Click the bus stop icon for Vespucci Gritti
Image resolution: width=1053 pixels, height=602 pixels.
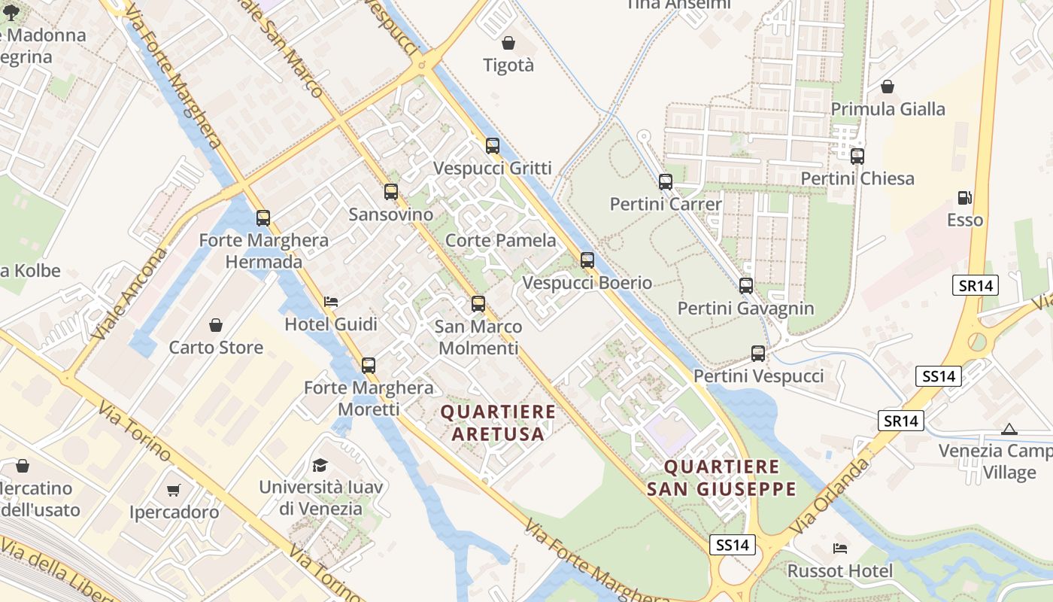coord(493,146)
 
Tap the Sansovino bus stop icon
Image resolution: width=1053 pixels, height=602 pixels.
coord(391,192)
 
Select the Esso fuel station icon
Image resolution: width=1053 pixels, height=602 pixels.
coord(964,199)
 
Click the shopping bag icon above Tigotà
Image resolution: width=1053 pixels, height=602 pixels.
coord(508,43)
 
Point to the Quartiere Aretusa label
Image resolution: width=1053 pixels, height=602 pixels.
coord(498,423)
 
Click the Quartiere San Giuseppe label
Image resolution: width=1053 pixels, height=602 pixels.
coord(721,478)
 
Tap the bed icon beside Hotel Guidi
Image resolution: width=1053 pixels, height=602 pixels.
coord(330,302)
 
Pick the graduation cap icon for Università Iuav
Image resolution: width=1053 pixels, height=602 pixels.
coord(320,464)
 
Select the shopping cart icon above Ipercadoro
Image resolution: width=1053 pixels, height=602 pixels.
coord(174,491)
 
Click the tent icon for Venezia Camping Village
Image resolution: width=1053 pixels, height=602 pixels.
coord(1009,429)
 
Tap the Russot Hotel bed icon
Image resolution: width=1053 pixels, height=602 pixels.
coord(839,548)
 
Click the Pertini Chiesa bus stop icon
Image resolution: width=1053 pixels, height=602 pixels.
coord(857,157)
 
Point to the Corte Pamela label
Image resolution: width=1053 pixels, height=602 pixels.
coord(501,241)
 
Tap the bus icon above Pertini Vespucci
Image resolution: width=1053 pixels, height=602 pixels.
coord(758,354)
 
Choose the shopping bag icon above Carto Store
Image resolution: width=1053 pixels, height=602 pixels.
coord(216,325)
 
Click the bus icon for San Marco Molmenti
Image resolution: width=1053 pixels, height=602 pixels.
coord(478,304)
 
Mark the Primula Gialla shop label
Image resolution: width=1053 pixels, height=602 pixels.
coord(888,109)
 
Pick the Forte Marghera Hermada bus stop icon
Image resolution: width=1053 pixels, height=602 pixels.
coord(263,218)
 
